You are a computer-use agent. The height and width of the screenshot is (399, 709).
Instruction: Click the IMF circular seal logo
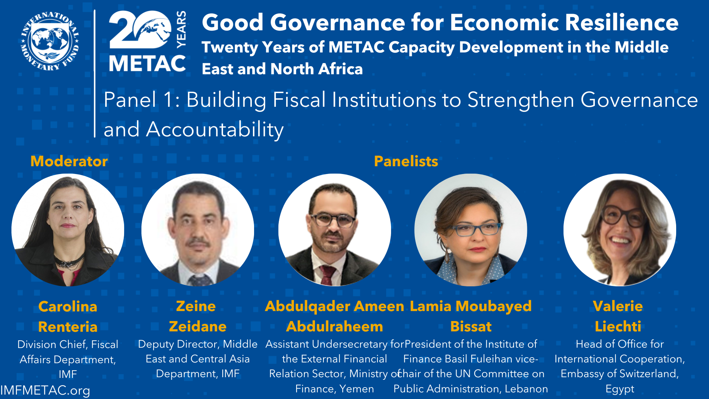[50, 41]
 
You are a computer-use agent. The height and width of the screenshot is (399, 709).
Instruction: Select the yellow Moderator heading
[69, 161]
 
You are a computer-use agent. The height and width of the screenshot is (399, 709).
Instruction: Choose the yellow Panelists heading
[406, 161]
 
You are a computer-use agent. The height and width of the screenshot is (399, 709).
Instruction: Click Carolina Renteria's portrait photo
[68, 230]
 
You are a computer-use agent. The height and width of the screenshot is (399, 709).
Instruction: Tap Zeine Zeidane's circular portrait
[198, 230]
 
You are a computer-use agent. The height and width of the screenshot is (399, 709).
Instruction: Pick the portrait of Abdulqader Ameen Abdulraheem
[335, 230]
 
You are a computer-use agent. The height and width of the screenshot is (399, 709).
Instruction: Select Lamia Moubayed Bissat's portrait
[471, 230]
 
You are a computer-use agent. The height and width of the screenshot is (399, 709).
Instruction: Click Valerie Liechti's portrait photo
[620, 230]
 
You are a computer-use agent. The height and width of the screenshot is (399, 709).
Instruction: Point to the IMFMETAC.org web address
[45, 391]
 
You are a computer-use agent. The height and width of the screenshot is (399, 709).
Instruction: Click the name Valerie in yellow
[618, 306]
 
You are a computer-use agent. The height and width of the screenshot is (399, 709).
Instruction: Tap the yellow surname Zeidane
[198, 326]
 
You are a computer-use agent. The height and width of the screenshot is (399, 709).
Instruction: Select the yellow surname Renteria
[68, 327]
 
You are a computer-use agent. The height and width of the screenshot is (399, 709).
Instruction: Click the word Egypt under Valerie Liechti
[620, 389]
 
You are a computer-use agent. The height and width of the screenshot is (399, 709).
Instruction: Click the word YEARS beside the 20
[181, 30]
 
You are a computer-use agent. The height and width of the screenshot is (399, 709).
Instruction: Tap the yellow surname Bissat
[471, 326]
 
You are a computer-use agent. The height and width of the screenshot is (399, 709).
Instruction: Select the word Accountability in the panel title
[215, 130]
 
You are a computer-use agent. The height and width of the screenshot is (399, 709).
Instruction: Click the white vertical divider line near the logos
[95, 74]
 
